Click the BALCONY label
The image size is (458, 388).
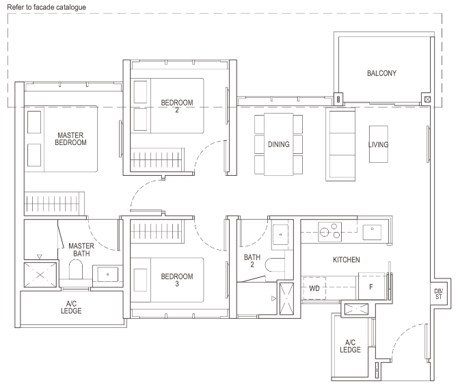click(x=381, y=73)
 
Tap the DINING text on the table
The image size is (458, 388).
click(x=279, y=144)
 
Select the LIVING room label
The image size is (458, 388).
click(x=378, y=144)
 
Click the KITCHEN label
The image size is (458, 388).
click(x=347, y=259)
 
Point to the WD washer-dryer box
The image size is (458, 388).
click(x=314, y=288)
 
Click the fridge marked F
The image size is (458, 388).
click(x=371, y=287)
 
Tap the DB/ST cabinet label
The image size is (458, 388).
click(x=438, y=294)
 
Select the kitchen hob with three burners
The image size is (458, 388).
click(x=329, y=231)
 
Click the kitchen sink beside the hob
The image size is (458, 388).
click(x=372, y=232)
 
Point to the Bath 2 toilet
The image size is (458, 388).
click(x=275, y=265)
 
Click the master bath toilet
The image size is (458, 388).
click(x=76, y=270)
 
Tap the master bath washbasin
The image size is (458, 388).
click(x=107, y=274)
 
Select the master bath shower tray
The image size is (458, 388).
click(x=40, y=275)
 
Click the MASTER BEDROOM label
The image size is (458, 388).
click(x=70, y=139)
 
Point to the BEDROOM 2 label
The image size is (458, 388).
click(x=177, y=106)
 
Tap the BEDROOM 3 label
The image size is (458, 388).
click(x=177, y=280)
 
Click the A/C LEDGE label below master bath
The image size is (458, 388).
click(x=71, y=307)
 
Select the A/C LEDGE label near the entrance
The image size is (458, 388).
click(x=350, y=346)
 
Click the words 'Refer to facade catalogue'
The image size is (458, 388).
click(x=46, y=8)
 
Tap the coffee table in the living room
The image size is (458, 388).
click(x=379, y=144)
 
